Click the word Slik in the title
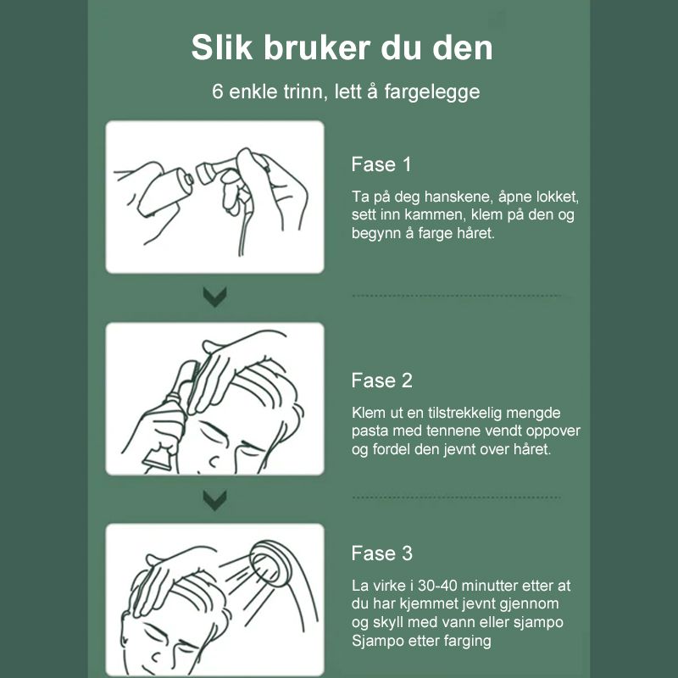222,47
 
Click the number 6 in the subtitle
217,92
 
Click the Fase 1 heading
381,164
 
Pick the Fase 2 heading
382,381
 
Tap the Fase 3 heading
382,553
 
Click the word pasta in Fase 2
365,431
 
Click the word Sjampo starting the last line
374,641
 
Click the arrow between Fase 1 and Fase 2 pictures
215,297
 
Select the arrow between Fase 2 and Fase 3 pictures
215,500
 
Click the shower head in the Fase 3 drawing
271,563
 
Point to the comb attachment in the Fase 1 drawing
215,169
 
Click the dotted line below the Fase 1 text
457,296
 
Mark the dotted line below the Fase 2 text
457,497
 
